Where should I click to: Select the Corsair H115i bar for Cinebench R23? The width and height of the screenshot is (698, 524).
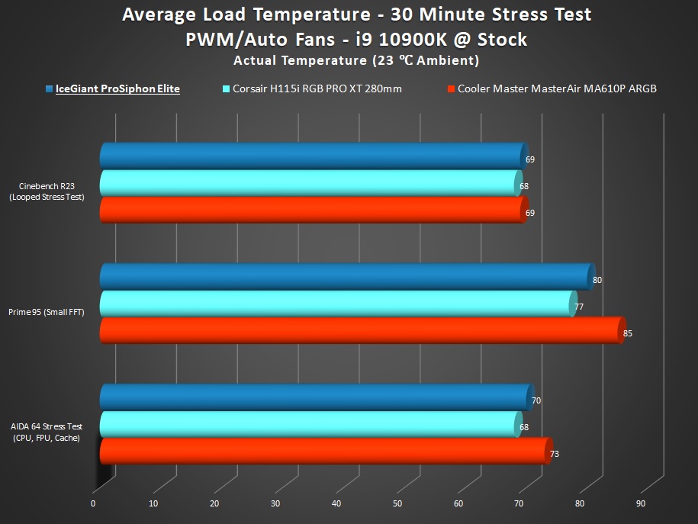(309, 183)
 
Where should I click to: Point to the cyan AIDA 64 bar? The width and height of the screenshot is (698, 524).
(309, 424)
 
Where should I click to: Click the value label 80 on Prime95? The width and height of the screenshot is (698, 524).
(597, 280)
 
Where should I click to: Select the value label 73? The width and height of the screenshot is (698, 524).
(555, 455)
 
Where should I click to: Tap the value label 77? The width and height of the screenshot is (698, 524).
(579, 307)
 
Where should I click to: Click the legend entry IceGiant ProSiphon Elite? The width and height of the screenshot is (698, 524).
(117, 88)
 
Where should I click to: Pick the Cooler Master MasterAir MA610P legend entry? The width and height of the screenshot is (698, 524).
(557, 88)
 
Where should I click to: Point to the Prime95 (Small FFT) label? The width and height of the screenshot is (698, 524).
(47, 312)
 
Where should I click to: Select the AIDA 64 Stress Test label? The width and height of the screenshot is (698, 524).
(47, 432)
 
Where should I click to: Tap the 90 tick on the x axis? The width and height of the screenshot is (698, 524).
(641, 503)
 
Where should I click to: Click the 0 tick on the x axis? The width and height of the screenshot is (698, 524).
(93, 503)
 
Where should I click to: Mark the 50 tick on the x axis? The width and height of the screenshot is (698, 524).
(397, 503)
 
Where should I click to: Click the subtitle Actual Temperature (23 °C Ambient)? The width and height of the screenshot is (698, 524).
(356, 60)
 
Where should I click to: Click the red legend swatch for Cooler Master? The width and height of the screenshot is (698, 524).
(451, 89)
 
